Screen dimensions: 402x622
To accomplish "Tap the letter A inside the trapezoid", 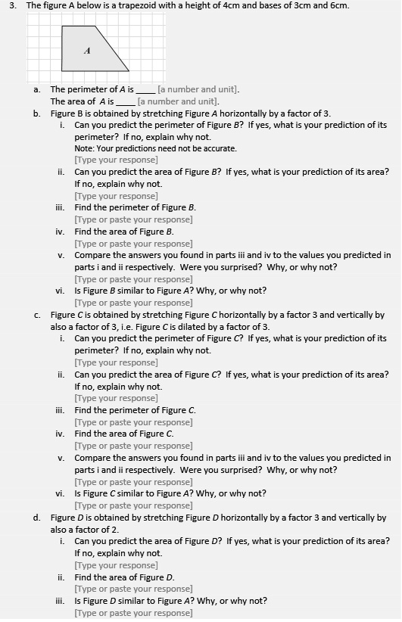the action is click(x=87, y=51).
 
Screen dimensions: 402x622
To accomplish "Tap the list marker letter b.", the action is click(x=36, y=114).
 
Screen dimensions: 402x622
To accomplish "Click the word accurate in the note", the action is click(x=221, y=148).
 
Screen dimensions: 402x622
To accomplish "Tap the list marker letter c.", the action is click(x=36, y=315).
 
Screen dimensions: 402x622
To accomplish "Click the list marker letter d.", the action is click(x=36, y=518).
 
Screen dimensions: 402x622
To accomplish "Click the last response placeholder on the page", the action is click(x=133, y=613).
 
